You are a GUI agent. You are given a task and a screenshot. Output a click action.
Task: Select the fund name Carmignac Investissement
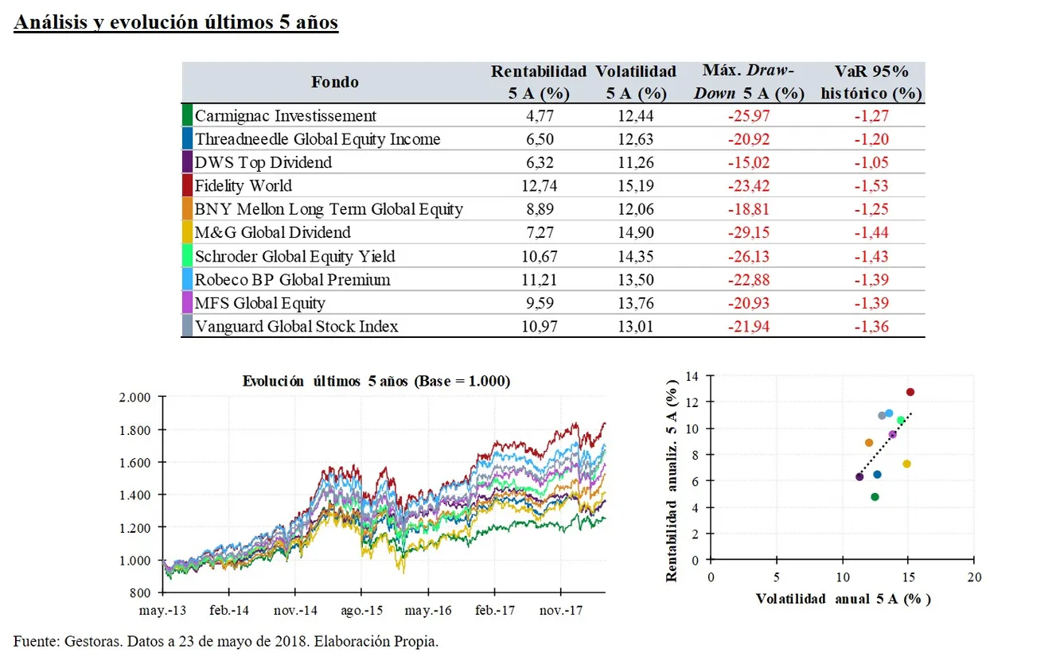(286, 116)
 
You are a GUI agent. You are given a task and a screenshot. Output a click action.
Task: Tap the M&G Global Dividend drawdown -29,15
(749, 233)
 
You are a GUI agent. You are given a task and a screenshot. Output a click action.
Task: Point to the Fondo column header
(334, 82)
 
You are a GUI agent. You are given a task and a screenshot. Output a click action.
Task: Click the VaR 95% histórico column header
(871, 83)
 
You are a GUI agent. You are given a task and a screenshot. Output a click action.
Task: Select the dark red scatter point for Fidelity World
(910, 392)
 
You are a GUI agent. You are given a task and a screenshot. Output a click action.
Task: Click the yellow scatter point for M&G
(906, 464)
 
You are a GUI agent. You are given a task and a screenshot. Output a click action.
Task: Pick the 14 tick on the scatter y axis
(695, 375)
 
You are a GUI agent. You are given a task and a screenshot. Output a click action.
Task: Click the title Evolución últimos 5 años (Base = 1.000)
(376, 382)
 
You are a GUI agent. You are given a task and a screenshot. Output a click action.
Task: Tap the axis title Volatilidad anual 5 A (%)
(843, 599)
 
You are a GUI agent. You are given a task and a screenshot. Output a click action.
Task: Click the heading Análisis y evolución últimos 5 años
(176, 22)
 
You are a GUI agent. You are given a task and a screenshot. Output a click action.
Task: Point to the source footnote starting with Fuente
(225, 641)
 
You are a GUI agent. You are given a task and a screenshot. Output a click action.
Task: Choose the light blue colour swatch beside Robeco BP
(187, 280)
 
